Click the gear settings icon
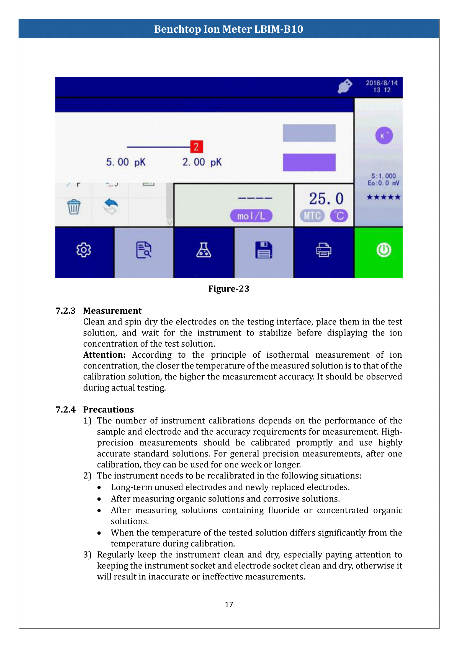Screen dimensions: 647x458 [x=84, y=250]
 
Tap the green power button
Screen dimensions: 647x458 [x=384, y=250]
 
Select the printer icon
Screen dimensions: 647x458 [x=323, y=250]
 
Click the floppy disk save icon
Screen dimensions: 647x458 [x=263, y=250]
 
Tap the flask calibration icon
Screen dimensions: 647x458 [x=204, y=250]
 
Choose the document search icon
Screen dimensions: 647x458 [x=143, y=250]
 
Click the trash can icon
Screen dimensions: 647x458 [x=74, y=207]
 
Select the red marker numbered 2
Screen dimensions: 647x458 [x=196, y=147]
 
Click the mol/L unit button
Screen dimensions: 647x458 [x=251, y=216]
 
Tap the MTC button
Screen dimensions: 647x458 [x=312, y=216]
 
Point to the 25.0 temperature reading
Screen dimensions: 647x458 [x=326, y=199]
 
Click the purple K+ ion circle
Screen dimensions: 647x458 [x=384, y=136]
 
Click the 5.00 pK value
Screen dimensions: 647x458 [x=125, y=162]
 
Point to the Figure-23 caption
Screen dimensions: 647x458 [x=229, y=289]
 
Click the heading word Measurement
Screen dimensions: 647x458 [x=112, y=311]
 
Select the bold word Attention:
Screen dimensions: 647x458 [x=104, y=355]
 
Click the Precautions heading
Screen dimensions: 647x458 [x=108, y=409]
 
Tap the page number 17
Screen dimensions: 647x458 [x=229, y=604]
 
